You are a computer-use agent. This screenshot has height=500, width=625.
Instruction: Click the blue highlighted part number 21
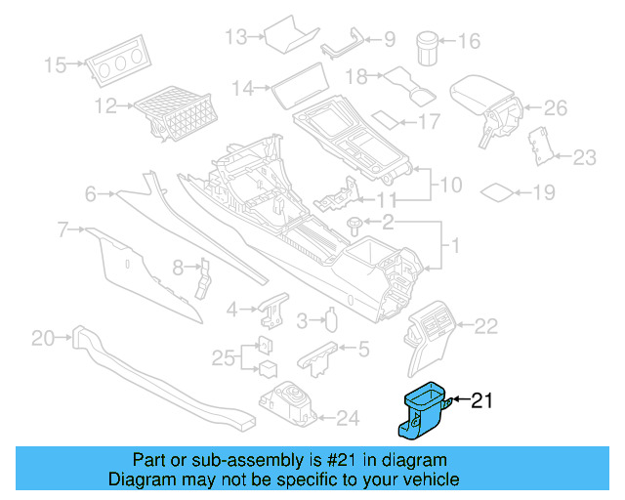(420, 408)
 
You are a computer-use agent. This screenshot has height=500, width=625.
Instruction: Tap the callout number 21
(484, 399)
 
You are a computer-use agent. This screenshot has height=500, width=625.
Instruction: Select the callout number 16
(469, 41)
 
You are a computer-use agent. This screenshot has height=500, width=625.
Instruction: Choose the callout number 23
(583, 155)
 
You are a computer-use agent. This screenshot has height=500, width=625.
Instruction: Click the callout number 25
(223, 357)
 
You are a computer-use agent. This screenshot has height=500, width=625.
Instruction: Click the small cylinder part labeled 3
(332, 320)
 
